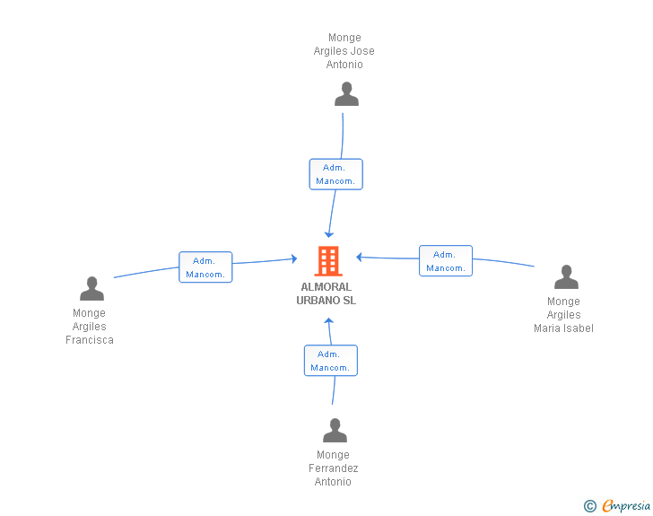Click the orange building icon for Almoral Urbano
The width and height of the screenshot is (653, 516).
point(328,261)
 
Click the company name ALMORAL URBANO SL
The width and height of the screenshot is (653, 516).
point(326,293)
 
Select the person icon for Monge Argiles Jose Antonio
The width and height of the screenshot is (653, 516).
point(346,94)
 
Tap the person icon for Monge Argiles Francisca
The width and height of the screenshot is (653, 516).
point(91,288)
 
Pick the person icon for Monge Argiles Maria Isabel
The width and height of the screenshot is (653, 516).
point(566,276)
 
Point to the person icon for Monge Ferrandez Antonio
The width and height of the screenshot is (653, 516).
point(335,430)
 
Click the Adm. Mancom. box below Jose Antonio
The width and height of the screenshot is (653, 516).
point(336,174)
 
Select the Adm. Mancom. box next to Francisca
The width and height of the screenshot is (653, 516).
point(205,267)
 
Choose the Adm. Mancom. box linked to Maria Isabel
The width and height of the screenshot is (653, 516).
point(446,261)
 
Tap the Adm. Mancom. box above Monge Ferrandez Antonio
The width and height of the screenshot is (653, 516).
point(331,361)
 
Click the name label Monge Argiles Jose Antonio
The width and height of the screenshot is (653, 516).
point(344,51)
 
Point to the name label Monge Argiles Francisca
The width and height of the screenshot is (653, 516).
point(89,327)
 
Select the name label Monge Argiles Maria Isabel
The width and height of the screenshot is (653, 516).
point(563,315)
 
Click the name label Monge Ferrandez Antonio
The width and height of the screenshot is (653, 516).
point(333,468)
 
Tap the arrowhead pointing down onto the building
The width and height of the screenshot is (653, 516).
point(329,234)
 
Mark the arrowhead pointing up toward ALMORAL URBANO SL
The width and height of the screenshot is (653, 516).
point(328,320)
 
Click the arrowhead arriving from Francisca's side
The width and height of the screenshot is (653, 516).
point(294,258)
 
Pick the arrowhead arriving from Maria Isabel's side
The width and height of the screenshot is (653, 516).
point(359,258)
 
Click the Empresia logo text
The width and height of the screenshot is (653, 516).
point(626,505)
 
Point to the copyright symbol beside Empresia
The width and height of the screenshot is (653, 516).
point(590,506)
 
